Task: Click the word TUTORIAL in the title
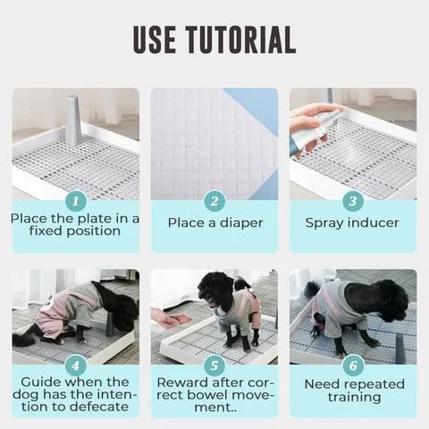pyautogui.click(x=240, y=39)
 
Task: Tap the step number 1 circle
pyautogui.click(x=76, y=201)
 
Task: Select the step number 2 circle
pyautogui.click(x=214, y=201)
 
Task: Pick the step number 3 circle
pyautogui.click(x=353, y=201)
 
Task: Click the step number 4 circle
pyautogui.click(x=76, y=366)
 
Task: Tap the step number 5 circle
pyautogui.click(x=214, y=366)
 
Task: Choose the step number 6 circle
pyautogui.click(x=353, y=366)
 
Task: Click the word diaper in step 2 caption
pyautogui.click(x=241, y=223)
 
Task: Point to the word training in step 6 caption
pyautogui.click(x=355, y=398)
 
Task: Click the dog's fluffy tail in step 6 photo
pyautogui.click(x=311, y=290)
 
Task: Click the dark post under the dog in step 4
pyautogui.click(x=110, y=324)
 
